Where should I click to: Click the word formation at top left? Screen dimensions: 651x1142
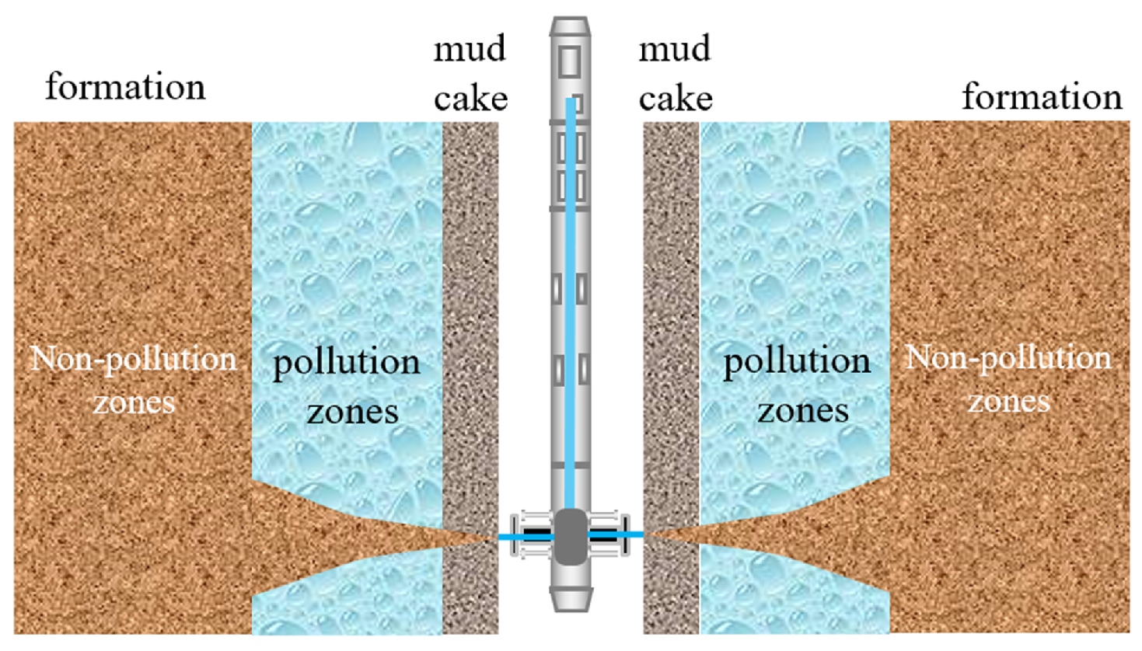pyautogui.click(x=125, y=86)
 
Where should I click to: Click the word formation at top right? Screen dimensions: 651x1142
pyautogui.click(x=1042, y=97)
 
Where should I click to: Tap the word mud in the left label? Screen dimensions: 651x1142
pyautogui.click(x=470, y=49)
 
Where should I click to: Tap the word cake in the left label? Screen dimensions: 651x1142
pyautogui.click(x=470, y=99)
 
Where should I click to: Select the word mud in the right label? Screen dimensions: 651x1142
pyautogui.click(x=675, y=49)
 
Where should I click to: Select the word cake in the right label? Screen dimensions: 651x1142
pyautogui.click(x=676, y=99)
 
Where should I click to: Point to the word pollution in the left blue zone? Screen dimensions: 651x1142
pyautogui.click(x=346, y=363)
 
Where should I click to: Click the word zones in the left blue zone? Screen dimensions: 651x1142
pyautogui.click(x=352, y=412)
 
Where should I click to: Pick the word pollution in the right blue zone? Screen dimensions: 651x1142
pyautogui.click(x=797, y=361)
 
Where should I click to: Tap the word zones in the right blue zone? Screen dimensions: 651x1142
pyautogui.click(x=803, y=410)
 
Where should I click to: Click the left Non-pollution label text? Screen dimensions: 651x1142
pyautogui.click(x=133, y=359)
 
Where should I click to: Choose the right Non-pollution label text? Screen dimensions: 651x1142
pyautogui.click(x=1008, y=357)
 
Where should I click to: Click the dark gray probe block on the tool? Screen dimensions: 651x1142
pyautogui.click(x=571, y=535)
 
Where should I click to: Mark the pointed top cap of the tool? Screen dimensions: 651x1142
pyautogui.click(x=570, y=27)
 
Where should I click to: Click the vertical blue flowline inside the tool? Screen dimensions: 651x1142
pyautogui.click(x=571, y=311)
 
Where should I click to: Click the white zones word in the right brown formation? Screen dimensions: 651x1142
pyautogui.click(x=1008, y=402)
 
